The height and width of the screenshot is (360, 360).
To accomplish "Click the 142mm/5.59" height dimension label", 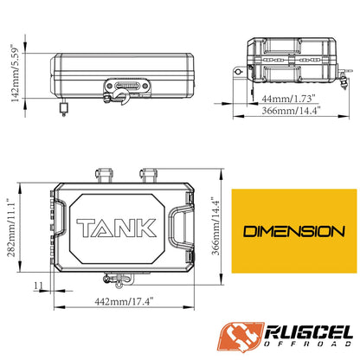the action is pos(15,73).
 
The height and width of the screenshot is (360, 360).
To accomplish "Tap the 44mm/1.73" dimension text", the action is pos(286,99).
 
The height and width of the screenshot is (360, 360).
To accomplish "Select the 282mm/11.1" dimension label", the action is pos(11,228).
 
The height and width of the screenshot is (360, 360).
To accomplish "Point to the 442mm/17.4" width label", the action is pos(124,302).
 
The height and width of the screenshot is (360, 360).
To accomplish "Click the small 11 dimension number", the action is pos(38,286).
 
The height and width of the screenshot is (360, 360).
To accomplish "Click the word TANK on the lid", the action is pos(116,228).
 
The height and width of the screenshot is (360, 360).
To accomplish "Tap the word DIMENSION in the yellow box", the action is pos(294,232).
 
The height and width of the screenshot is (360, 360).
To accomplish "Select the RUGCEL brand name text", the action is pos(308,332).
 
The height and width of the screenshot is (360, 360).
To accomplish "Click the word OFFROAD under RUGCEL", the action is pos(308,344).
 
